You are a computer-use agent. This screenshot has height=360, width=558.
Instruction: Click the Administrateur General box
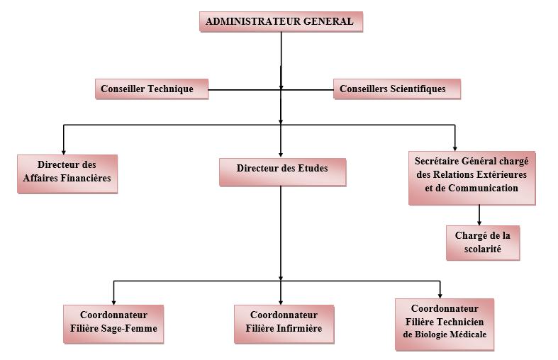(281, 21)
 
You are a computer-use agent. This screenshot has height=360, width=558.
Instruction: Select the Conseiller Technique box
(152, 89)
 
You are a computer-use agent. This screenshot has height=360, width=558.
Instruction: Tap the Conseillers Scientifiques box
(396, 89)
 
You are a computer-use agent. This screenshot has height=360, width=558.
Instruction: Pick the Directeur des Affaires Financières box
(67, 172)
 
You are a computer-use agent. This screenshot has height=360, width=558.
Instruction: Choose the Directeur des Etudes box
(281, 171)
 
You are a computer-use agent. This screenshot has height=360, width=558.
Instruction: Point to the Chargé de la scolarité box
(482, 242)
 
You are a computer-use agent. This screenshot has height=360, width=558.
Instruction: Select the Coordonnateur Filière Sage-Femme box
(113, 323)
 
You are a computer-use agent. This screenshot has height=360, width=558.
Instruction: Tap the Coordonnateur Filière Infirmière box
(284, 322)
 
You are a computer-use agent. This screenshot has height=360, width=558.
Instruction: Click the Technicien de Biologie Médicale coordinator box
(445, 322)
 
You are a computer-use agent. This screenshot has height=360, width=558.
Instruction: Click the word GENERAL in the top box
(328, 21)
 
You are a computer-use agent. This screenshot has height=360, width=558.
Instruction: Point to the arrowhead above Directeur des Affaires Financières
(64, 150)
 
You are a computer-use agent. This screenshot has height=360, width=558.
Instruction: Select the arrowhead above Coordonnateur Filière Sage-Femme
(113, 300)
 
